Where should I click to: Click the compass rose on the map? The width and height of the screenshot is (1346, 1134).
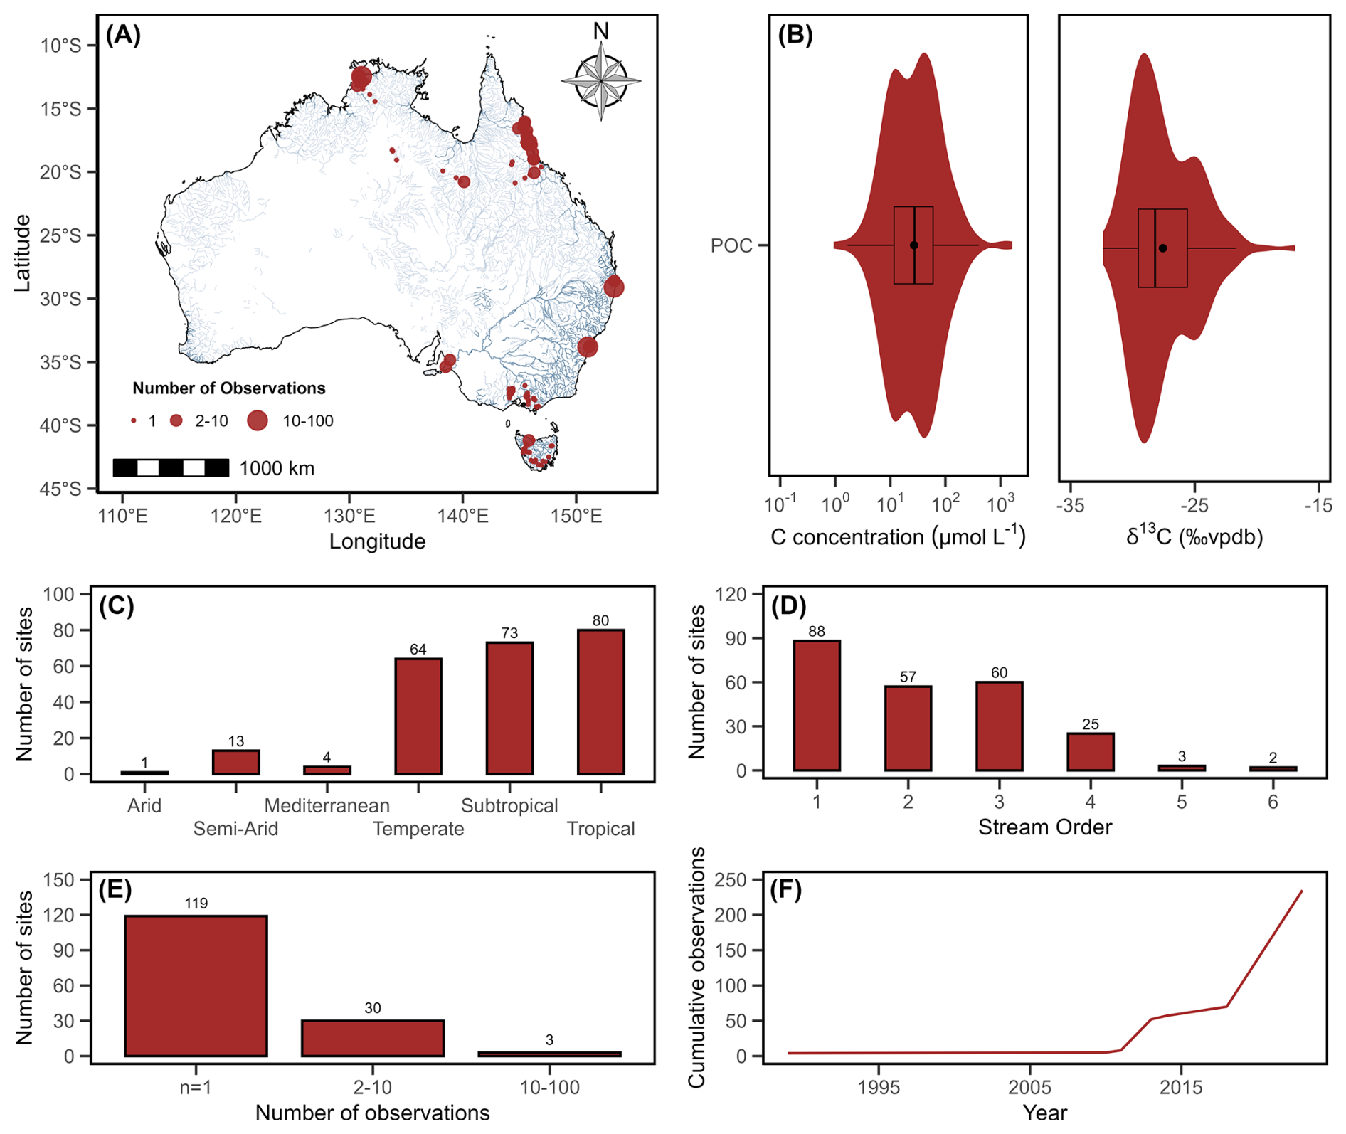click(601, 80)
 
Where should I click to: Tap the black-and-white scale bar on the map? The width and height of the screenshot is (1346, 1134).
click(171, 467)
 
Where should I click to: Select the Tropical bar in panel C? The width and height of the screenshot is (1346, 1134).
click(600, 701)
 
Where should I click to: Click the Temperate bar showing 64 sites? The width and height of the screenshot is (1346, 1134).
click(418, 716)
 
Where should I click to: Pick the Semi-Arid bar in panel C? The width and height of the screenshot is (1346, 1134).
click(235, 762)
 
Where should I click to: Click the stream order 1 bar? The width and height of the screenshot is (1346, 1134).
click(817, 705)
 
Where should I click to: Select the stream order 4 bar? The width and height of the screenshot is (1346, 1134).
click(1091, 752)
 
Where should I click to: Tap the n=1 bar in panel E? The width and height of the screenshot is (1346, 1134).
click(196, 985)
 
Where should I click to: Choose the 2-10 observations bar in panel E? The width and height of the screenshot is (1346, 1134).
click(373, 1038)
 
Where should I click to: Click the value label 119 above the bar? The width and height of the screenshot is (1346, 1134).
click(196, 904)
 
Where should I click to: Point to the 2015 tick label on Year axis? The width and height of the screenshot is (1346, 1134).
click(1181, 1087)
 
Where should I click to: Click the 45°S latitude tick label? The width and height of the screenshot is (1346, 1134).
click(60, 489)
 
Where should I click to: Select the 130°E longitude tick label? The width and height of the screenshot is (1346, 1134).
click(349, 515)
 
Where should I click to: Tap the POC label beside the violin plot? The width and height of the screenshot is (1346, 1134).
click(731, 245)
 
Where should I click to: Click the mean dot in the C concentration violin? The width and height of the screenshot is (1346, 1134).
click(914, 245)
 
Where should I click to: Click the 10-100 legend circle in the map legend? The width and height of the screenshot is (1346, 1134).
click(257, 420)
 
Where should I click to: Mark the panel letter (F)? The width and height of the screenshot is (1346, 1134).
click(785, 890)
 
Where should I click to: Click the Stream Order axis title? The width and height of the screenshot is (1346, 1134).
click(1044, 827)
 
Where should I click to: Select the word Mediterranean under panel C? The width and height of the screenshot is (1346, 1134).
click(327, 805)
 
